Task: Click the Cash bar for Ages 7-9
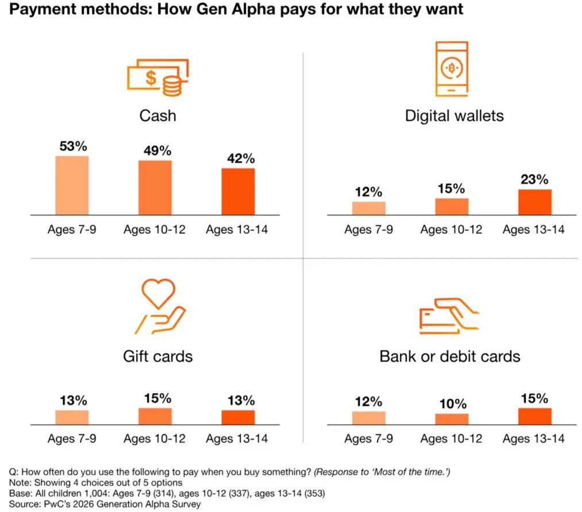tap(72, 185)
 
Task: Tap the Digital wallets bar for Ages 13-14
tap(534, 202)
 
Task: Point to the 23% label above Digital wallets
tap(534, 179)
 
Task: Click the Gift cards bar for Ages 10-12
tap(155, 416)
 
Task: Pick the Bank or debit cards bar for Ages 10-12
tap(451, 419)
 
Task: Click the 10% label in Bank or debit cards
tap(451, 404)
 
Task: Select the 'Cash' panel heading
tap(157, 115)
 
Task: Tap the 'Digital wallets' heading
tap(454, 116)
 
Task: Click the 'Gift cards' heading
tap(157, 356)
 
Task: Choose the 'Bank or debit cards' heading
tap(449, 356)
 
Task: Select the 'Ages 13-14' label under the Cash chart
tap(237, 230)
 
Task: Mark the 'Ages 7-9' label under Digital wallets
tap(368, 230)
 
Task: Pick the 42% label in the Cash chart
tap(237, 159)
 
